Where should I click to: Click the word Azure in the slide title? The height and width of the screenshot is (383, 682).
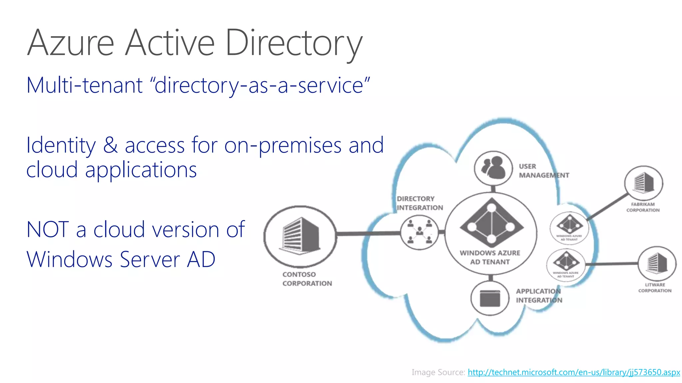(x=71, y=43)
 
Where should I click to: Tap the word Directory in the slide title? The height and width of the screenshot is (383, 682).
(x=294, y=43)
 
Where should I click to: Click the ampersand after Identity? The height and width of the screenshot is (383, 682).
(x=110, y=146)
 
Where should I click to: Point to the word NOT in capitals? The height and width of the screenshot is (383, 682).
(x=48, y=229)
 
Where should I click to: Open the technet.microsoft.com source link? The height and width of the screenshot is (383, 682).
(x=573, y=372)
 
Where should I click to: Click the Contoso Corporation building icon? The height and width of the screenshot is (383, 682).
(x=300, y=235)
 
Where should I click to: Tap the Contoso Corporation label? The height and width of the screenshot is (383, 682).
(x=307, y=279)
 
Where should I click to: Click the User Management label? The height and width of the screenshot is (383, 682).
(x=543, y=171)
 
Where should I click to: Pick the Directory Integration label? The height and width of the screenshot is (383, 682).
(x=420, y=203)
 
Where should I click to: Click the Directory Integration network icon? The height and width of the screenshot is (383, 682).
(x=420, y=232)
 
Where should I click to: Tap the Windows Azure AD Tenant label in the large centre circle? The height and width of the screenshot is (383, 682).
(x=490, y=257)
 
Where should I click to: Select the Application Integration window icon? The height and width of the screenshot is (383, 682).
(x=490, y=298)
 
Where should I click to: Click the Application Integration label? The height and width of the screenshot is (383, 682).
(x=539, y=296)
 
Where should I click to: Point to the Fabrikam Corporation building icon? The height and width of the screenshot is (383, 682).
(x=643, y=183)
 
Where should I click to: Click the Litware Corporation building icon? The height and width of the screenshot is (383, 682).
(x=657, y=263)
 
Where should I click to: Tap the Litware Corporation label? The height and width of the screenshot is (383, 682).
(x=655, y=288)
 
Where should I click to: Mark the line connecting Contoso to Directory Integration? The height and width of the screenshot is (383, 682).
(x=368, y=234)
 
